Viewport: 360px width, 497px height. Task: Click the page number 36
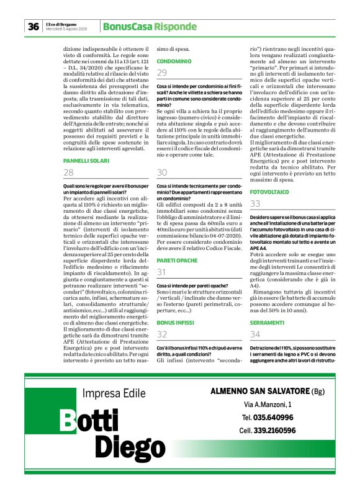pos(32,27)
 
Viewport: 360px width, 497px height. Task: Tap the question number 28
pos(69,173)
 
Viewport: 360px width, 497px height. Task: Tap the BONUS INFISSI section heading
pos(176,323)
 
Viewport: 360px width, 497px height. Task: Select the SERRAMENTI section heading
pos(268,323)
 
